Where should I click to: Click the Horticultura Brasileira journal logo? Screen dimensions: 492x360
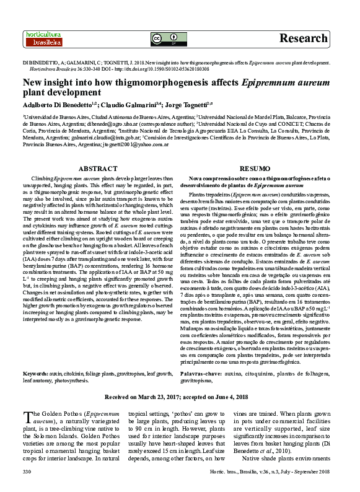point(42,38)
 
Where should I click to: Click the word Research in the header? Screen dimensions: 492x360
point(303,38)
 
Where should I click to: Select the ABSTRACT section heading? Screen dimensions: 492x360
point(98,169)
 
